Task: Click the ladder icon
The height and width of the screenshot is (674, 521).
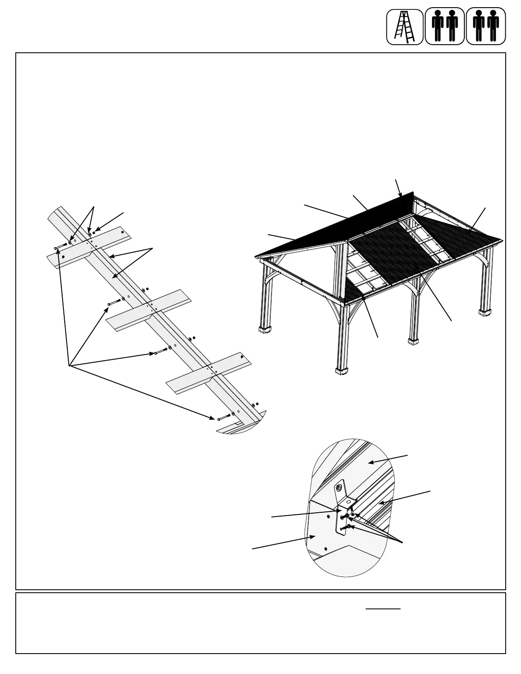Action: pyautogui.click(x=404, y=26)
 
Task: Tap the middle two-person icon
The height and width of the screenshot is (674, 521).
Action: pyautogui.click(x=445, y=26)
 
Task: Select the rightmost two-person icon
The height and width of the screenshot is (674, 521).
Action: pyautogui.click(x=486, y=26)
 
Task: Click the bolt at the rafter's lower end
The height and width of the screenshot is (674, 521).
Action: pyautogui.click(x=224, y=417)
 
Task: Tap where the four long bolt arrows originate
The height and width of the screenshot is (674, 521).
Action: pyautogui.click(x=69, y=365)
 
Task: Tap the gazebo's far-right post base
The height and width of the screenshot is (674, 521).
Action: pyautogui.click(x=485, y=313)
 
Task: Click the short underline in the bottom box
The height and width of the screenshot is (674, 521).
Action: pyautogui.click(x=383, y=609)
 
